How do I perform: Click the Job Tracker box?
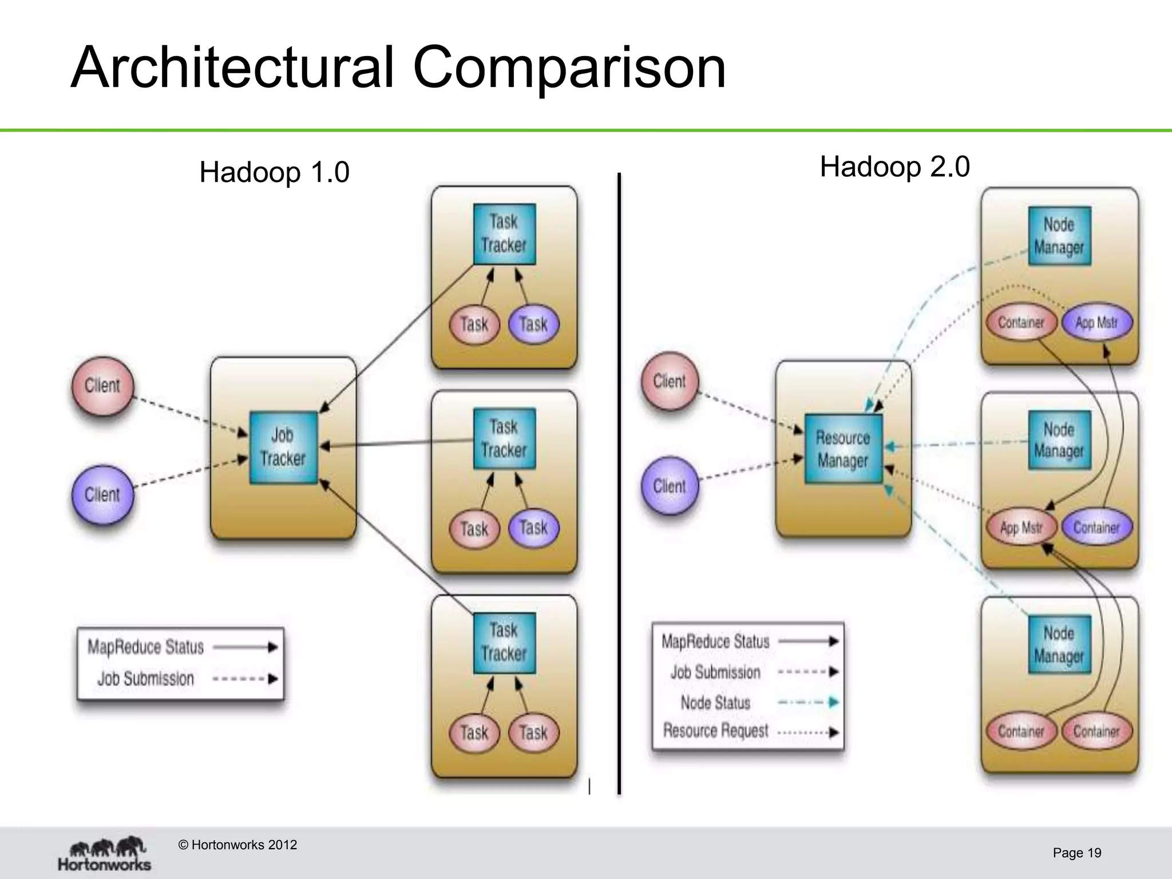pos(283,448)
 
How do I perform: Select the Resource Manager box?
pos(844,449)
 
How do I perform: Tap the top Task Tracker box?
pos(504,234)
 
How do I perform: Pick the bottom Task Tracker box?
pos(504,643)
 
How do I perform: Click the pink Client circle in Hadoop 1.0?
pos(102,386)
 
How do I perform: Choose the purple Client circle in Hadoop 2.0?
pos(669,486)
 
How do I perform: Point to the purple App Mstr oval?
pos(1096,323)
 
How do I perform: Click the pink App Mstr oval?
pos(1021,528)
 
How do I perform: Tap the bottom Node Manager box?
pos(1059,644)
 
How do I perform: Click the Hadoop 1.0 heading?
pos(274,172)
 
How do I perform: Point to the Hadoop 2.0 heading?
pos(894,167)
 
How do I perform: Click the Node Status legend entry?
pos(715,703)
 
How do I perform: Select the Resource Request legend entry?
pos(715,731)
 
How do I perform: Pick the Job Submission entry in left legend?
pos(145,679)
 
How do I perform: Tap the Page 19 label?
pos(1076,853)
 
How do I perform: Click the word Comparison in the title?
pos(569,68)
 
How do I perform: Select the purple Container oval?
pos(1096,528)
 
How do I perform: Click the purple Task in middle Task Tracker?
pos(533,528)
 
